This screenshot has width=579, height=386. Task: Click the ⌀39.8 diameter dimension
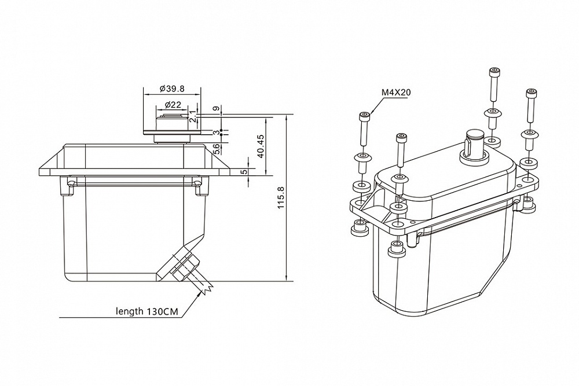tap(172, 89)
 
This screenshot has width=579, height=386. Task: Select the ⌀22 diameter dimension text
tap(172, 104)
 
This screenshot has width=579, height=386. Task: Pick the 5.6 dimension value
tap(217, 149)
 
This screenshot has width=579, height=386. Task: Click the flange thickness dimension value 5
tap(244, 171)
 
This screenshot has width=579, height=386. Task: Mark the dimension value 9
tap(215, 109)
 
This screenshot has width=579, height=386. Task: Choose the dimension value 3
tap(215, 133)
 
